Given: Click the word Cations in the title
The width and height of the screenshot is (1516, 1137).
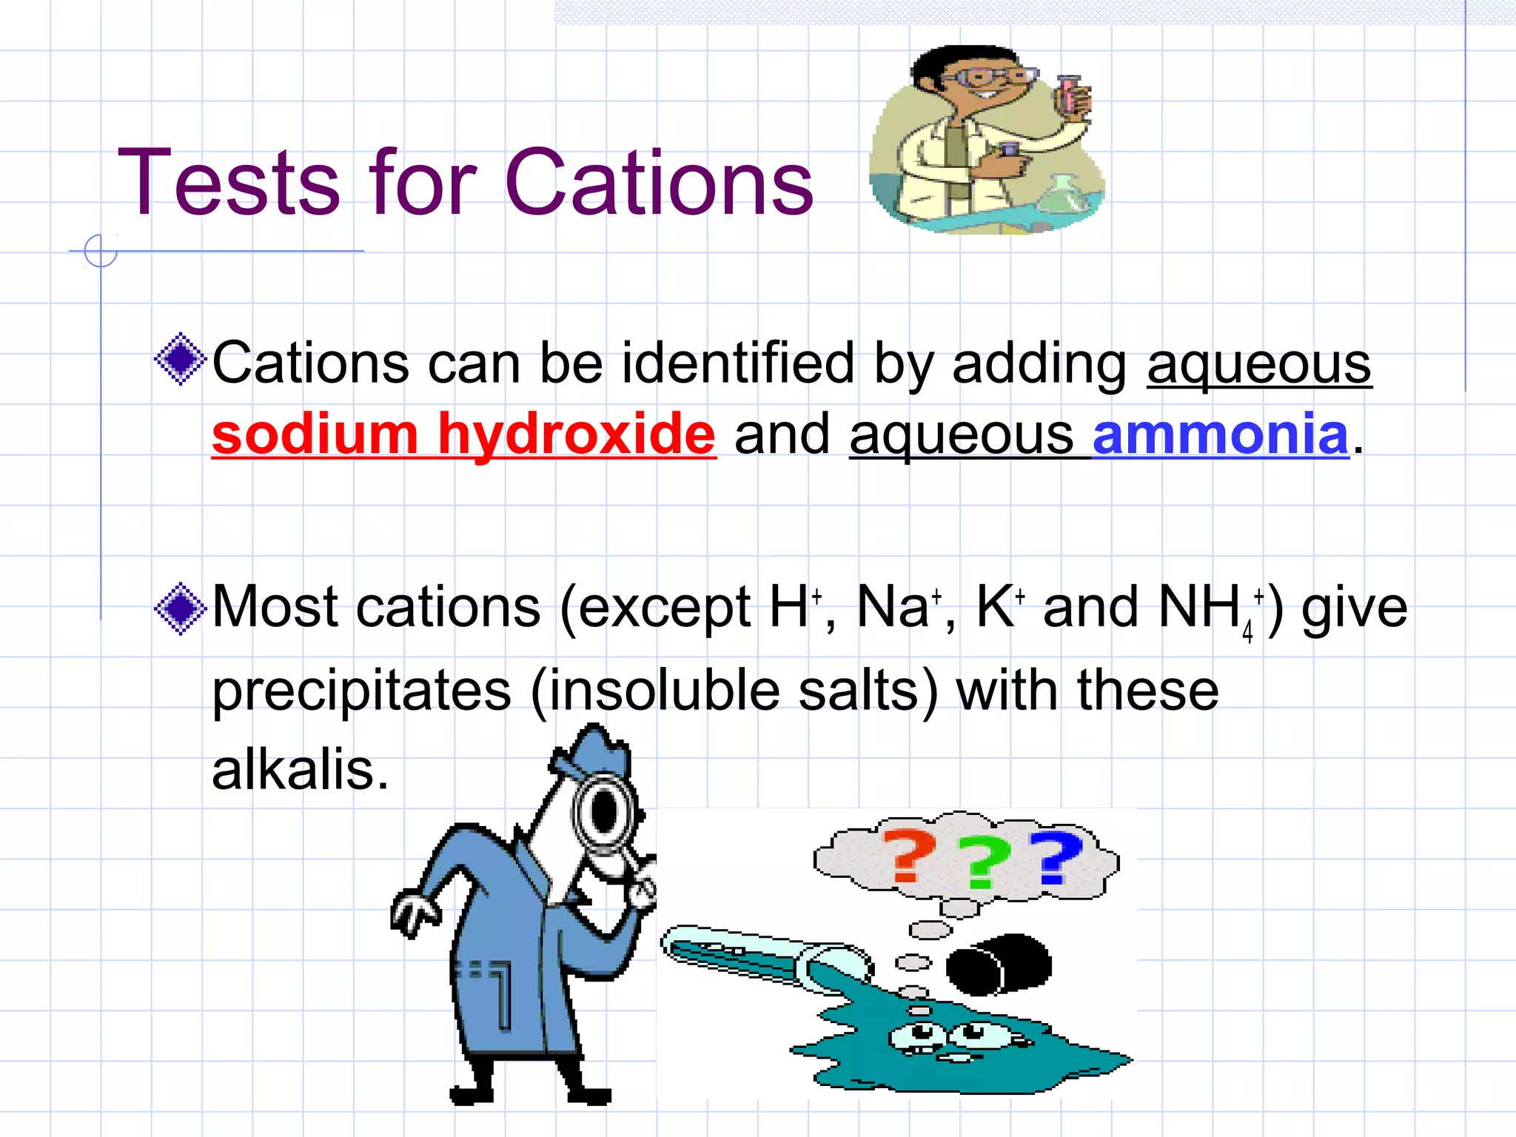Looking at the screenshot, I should [x=659, y=183].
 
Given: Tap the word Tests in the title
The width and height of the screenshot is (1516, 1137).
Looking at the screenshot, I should [x=228, y=183].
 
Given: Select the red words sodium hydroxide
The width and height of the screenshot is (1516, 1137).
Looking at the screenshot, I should [x=463, y=435].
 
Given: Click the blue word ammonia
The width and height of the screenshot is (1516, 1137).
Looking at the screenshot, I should [x=1220, y=435].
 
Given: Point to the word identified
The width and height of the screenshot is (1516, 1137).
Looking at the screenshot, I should [x=737, y=363].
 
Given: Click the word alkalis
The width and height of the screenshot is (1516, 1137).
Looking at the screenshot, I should [x=299, y=770].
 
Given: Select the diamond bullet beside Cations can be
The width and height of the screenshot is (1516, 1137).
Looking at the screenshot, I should [x=180, y=360].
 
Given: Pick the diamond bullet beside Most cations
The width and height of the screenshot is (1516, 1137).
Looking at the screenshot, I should [x=180, y=608].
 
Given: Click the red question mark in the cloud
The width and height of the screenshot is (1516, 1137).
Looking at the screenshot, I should [x=909, y=856].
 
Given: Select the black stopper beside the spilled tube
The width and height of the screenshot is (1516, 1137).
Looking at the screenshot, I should [x=999, y=964].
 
